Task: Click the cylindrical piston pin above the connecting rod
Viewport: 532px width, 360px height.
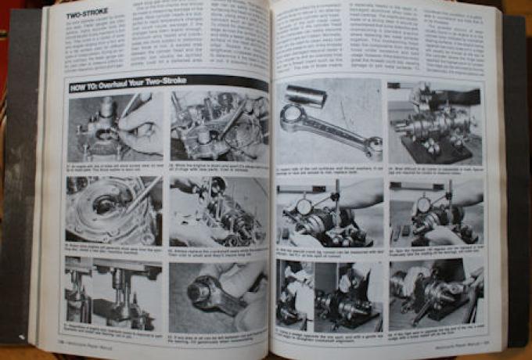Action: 307,96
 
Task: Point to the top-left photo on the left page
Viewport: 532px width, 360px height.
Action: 114,124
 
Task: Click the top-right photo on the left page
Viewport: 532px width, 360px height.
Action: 217,127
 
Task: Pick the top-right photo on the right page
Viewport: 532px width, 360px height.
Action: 435,121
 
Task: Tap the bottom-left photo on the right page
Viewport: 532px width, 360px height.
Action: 328,293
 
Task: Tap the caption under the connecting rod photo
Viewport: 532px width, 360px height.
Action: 328,168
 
